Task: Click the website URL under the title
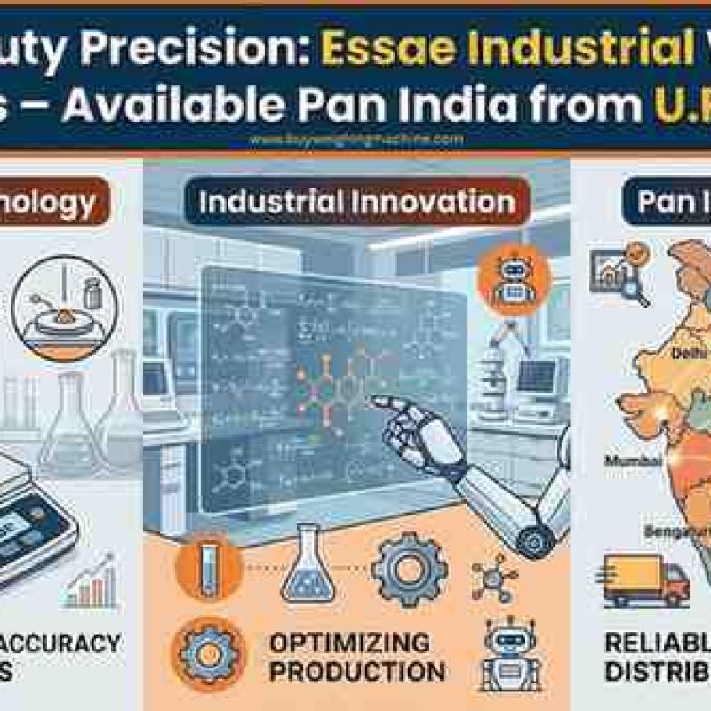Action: pyautogui.click(x=356, y=140)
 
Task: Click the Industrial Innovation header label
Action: pyautogui.click(x=356, y=202)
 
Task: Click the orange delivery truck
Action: pyautogui.click(x=646, y=579)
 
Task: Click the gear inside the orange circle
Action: pyautogui.click(x=209, y=652)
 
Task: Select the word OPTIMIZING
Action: pyautogui.click(x=337, y=642)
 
